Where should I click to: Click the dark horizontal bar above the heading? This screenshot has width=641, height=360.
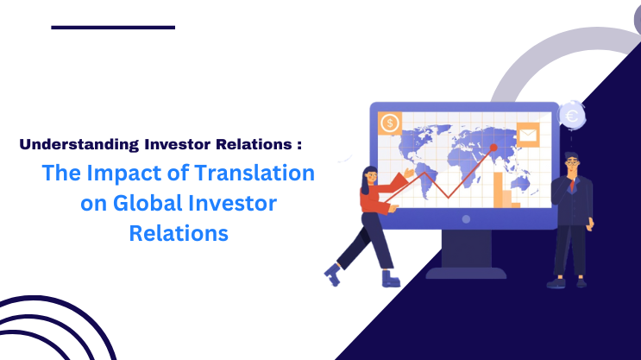click(112, 27)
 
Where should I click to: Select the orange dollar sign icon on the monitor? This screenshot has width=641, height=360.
click(389, 123)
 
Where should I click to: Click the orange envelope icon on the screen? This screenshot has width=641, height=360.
click(527, 136)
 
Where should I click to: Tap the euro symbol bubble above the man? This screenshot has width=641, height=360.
click(570, 112)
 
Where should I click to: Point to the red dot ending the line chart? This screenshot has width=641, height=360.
click(494, 148)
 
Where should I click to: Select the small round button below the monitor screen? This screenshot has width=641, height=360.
click(466, 219)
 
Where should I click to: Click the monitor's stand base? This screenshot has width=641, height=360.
click(465, 272)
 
